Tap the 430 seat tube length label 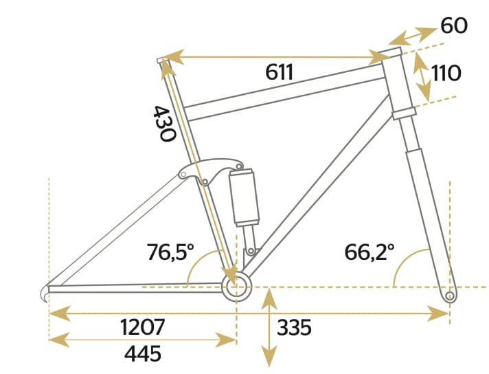(x=163, y=124)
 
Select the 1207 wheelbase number (x=141, y=327)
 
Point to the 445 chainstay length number (x=142, y=353)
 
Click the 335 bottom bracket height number (x=294, y=327)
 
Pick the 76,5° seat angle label (x=171, y=252)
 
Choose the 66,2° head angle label (x=369, y=252)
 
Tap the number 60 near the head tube (x=454, y=26)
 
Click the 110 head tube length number (x=446, y=73)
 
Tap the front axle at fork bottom (x=449, y=296)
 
